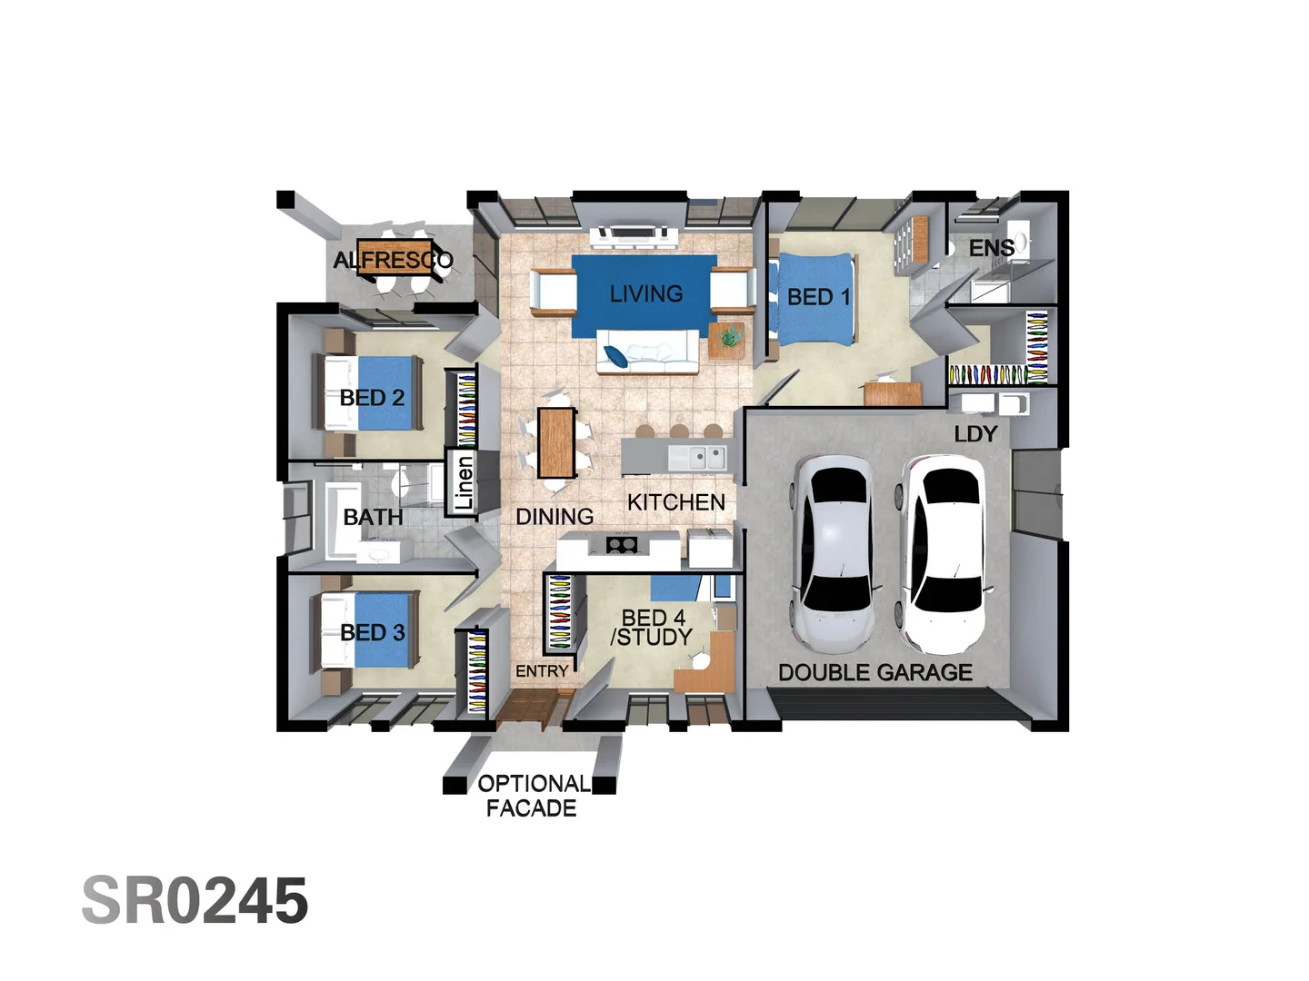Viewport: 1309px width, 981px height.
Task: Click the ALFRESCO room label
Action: (393, 261)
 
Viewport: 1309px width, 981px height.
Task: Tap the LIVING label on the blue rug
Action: (645, 294)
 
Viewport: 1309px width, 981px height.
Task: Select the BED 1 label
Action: (818, 297)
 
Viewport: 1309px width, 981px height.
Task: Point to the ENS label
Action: (991, 248)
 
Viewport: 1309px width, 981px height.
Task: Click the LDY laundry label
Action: (975, 434)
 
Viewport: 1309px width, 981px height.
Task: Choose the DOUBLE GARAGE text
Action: (874, 673)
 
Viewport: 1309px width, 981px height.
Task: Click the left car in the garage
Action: (834, 554)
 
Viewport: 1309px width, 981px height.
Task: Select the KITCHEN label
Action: (675, 502)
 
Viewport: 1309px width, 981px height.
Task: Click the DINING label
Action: (555, 517)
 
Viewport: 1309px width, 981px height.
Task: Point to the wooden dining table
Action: (556, 442)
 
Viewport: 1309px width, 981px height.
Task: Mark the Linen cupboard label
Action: (465, 482)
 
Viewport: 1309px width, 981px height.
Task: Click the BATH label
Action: (373, 517)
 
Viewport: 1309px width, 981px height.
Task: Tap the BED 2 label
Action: (372, 398)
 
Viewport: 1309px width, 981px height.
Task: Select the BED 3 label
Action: (372, 633)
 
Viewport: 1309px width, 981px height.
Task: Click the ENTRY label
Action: (542, 671)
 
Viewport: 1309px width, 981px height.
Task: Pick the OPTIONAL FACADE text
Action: (533, 796)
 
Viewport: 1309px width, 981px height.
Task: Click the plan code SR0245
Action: (195, 901)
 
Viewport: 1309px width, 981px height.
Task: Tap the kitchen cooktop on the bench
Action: (622, 545)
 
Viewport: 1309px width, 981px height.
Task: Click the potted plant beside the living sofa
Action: (727, 338)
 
